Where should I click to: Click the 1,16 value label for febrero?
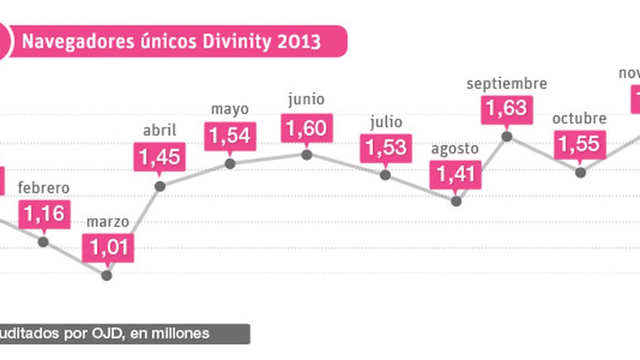(x=44, y=214)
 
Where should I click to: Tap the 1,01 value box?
(x=107, y=247)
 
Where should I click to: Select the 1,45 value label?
(x=159, y=157)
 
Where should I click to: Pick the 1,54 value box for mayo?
(x=229, y=135)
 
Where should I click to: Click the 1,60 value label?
(x=306, y=128)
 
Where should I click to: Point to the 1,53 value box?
(x=386, y=147)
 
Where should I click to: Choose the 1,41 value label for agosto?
(x=456, y=174)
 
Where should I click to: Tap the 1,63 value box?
(x=506, y=107)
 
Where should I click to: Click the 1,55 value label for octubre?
(x=579, y=144)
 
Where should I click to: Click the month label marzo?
(x=107, y=221)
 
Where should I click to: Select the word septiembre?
(x=507, y=83)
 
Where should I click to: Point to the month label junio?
(x=306, y=99)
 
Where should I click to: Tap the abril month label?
(x=159, y=131)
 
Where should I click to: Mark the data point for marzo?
(x=107, y=274)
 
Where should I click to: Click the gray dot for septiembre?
(x=507, y=136)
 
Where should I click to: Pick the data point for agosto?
(x=456, y=201)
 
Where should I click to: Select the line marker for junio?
(x=306, y=154)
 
